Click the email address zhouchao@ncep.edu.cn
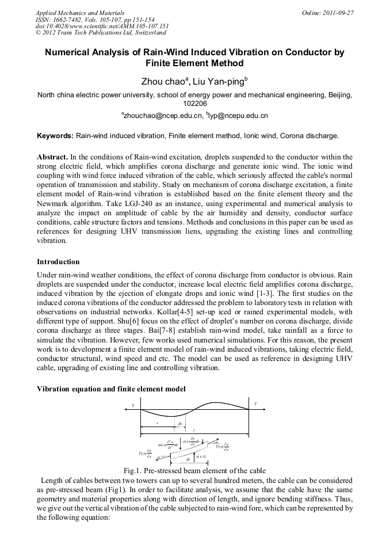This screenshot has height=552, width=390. tap(160, 116)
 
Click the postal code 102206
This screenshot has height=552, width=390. tap(194, 104)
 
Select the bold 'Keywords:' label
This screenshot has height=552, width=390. tap(55, 136)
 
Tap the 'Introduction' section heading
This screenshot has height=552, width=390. tap(58, 262)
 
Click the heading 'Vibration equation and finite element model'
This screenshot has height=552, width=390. tap(111, 389)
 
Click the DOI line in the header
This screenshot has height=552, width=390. tap(102, 26)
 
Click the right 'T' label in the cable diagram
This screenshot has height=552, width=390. tap(255, 403)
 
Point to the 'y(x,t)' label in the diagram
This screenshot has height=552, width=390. tap(201, 457)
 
